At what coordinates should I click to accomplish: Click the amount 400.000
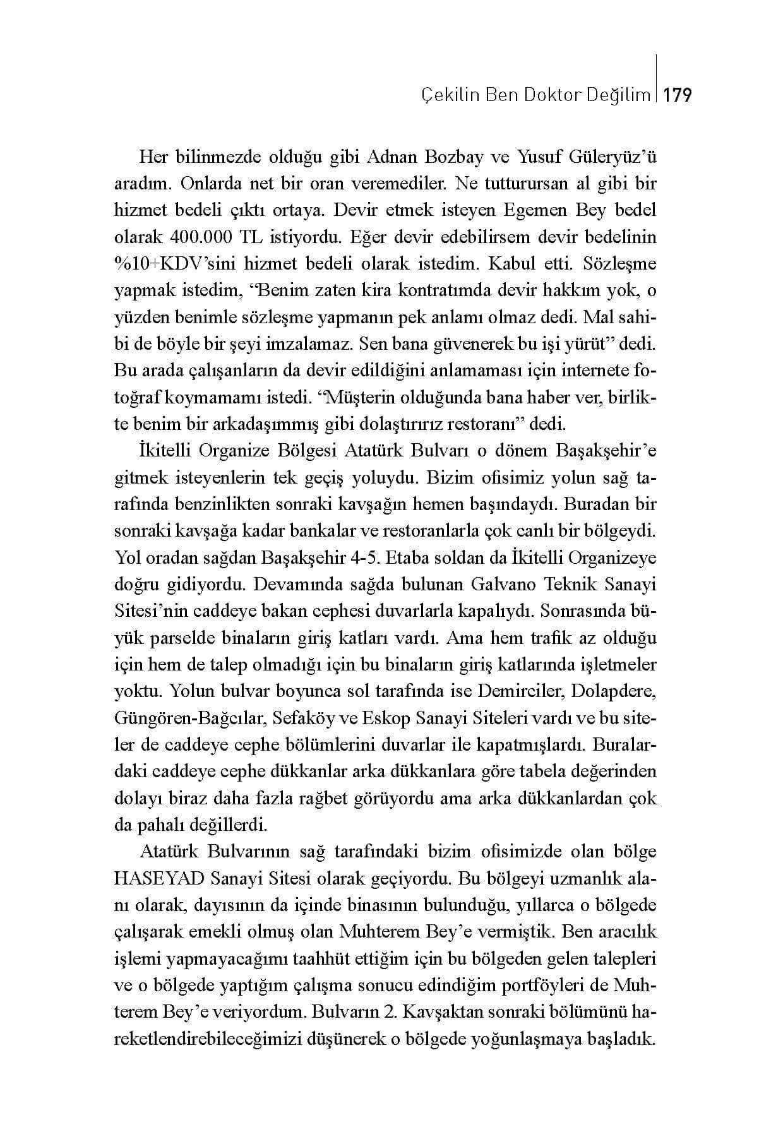tap(201, 237)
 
